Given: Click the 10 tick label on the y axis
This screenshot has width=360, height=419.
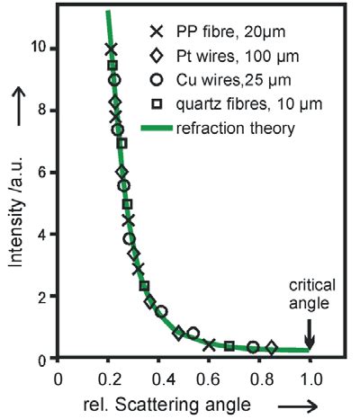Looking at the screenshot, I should click(x=40, y=49).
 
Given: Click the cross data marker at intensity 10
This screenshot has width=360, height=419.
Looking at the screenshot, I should click(x=111, y=49).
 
